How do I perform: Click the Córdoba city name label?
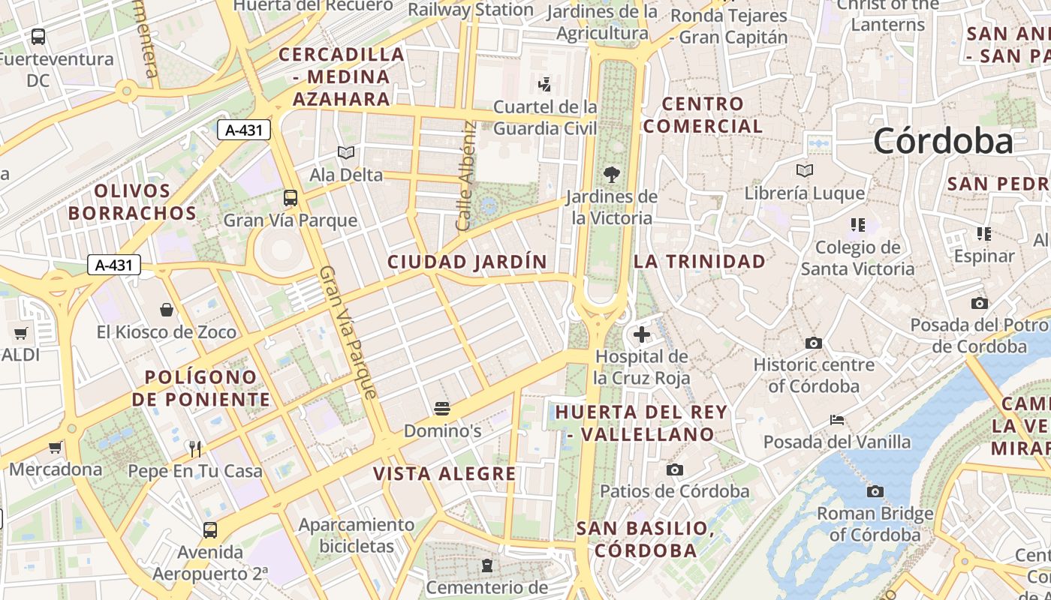[943, 141]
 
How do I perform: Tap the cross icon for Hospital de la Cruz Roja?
[642, 334]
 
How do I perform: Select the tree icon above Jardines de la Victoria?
[612, 175]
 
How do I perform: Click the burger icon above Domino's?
[442, 409]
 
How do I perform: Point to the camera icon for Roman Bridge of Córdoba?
[875, 492]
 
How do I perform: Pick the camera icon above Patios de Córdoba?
[675, 469]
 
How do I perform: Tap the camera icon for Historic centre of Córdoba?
[813, 343]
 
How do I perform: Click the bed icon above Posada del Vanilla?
[837, 420]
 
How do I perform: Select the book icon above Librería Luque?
[805, 171]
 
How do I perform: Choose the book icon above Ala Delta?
[346, 153]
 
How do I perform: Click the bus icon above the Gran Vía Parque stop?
[291, 198]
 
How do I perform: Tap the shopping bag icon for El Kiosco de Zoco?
[167, 310]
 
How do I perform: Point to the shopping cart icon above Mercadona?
[56, 448]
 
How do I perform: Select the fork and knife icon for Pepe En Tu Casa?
[195, 448]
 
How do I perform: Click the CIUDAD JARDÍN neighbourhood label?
[467, 262]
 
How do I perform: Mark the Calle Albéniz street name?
[466, 176]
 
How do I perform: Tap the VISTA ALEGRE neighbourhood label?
[444, 474]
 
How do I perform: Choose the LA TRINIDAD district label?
[700, 262]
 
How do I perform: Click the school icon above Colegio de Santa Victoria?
[857, 224]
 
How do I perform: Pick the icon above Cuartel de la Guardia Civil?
[545, 84]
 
